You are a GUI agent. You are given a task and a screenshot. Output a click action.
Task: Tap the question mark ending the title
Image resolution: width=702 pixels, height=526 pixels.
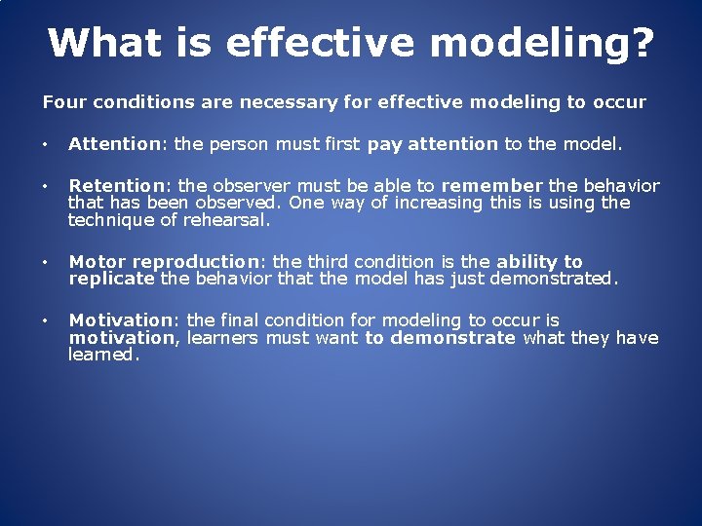(641, 43)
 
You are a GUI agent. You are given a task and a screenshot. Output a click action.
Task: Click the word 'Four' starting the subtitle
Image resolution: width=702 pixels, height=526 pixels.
(62, 101)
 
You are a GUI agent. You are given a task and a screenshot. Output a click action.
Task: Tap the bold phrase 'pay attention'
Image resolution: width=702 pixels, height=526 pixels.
(432, 144)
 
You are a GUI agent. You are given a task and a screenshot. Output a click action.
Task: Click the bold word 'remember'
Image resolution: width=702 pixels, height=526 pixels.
(491, 185)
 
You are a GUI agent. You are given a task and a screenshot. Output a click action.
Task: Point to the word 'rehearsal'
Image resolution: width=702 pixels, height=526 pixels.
(224, 220)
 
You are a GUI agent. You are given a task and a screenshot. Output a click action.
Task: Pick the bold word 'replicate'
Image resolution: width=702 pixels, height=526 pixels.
(111, 279)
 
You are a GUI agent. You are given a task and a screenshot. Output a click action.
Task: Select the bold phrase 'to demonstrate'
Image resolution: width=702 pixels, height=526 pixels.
(440, 338)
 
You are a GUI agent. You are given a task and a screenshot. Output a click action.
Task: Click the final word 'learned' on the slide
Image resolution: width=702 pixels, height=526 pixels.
(103, 356)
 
